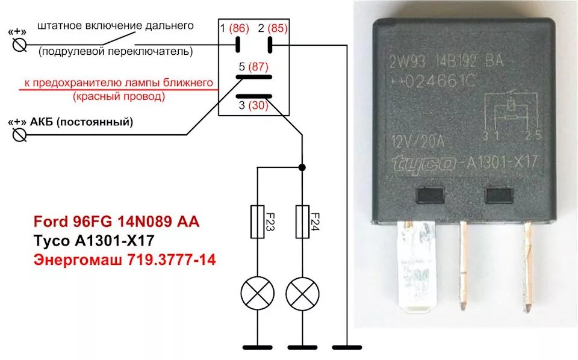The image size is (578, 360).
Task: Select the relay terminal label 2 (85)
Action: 273,28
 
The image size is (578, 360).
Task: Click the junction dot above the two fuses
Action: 302,167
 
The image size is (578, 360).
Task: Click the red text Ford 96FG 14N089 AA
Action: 116,223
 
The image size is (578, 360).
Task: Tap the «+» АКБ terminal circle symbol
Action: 19,135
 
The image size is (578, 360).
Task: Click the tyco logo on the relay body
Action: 423,164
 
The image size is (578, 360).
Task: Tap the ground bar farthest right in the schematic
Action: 347,347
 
